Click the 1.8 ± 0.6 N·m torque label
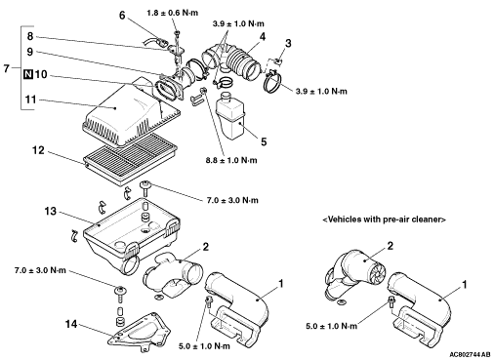[x=172, y=13]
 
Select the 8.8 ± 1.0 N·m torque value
[x=231, y=160]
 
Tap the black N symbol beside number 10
[x=28, y=74]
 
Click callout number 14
[x=71, y=324]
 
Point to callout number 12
[x=38, y=150]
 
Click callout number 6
[x=122, y=16]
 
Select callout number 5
[x=264, y=141]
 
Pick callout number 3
[x=288, y=43]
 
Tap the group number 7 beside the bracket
[x=6, y=68]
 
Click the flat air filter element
[x=130, y=158]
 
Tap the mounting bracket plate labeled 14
[x=139, y=332]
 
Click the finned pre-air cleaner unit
[x=354, y=276]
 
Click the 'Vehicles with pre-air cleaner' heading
[x=384, y=220]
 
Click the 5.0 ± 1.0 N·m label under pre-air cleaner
[x=332, y=326]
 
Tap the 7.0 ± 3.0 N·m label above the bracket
[x=40, y=270]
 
